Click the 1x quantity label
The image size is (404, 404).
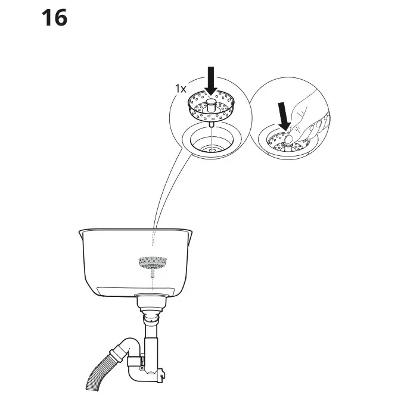[x=181, y=88]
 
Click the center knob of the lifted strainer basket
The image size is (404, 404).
[x=211, y=107]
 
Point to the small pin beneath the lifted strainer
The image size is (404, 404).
[x=211, y=125]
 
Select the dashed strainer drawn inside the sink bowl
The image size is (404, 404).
[x=152, y=262]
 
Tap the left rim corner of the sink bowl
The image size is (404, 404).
[x=80, y=233]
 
